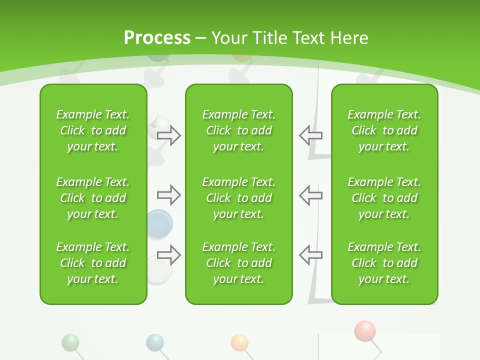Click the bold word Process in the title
point(157,37)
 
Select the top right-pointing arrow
point(169,135)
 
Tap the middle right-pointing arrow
point(169,195)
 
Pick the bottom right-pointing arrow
point(169,254)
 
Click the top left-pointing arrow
point(310,135)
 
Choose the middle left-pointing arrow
point(310,195)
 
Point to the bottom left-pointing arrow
point(310,254)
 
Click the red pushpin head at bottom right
point(365,331)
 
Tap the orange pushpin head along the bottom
point(239,342)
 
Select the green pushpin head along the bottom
point(70,342)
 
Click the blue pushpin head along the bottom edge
point(155,342)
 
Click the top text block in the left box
point(93,130)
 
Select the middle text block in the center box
point(238,198)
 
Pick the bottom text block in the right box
point(384,263)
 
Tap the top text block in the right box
point(384,130)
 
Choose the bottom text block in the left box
point(93,263)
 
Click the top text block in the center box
point(238,130)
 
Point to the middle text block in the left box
point(93,198)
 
